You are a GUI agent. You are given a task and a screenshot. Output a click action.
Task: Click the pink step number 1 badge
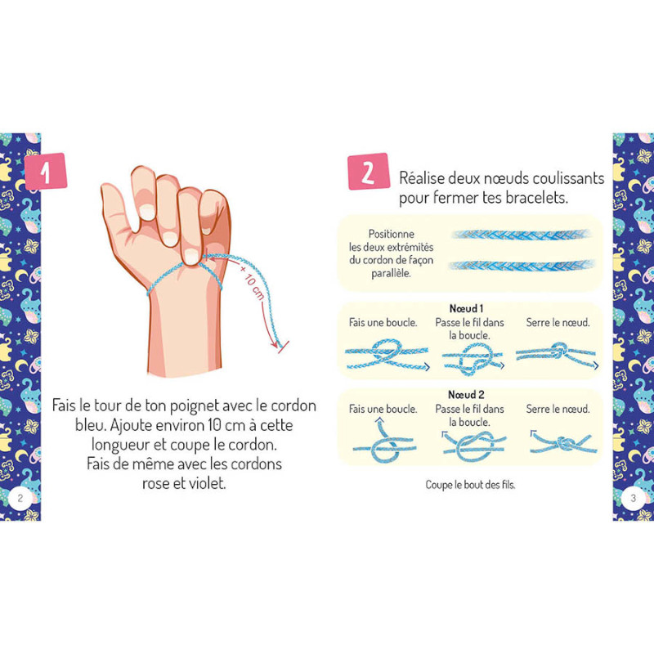pyautogui.click(x=46, y=171)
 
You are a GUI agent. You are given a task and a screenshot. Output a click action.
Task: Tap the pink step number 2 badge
pyautogui.click(x=369, y=172)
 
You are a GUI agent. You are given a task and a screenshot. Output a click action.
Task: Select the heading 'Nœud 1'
pyautogui.click(x=466, y=309)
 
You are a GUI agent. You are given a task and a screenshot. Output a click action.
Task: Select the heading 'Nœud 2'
pyautogui.click(x=466, y=395)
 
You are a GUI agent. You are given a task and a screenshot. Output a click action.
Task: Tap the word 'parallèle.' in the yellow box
pyautogui.click(x=391, y=274)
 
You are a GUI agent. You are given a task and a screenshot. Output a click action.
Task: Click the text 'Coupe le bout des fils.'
pyautogui.click(x=470, y=485)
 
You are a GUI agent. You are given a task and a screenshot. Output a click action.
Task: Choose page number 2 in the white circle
pyautogui.click(x=20, y=498)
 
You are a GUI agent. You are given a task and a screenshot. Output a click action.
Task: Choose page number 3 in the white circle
pyautogui.click(x=633, y=498)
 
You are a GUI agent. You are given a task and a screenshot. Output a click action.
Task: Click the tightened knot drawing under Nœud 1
pyautogui.click(x=557, y=355)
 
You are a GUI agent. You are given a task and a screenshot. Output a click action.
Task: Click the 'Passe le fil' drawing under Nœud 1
pyautogui.click(x=473, y=359)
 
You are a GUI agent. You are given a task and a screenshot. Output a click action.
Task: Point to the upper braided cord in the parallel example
pyautogui.click(x=522, y=235)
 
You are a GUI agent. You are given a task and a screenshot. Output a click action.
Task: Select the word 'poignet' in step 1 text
pyautogui.click(x=195, y=405)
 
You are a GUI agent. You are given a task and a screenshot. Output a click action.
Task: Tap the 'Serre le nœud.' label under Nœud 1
pyautogui.click(x=558, y=322)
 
